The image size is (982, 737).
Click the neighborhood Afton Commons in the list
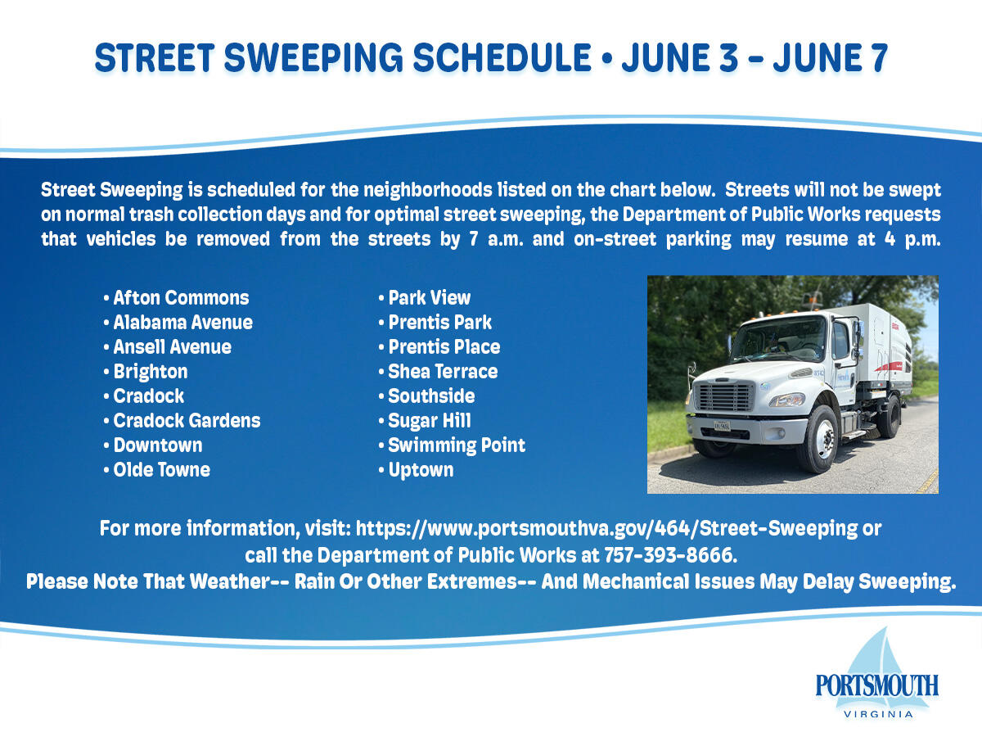181,298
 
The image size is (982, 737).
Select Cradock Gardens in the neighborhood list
187,421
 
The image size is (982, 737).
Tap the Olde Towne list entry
161,470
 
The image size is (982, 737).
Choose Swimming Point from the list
457,445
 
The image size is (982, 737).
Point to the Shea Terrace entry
443,372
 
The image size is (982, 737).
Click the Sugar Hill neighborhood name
430,421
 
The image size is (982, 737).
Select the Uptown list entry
421,470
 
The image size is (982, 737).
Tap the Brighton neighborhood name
151,372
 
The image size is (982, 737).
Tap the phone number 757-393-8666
669,555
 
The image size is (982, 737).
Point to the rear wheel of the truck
890,416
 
